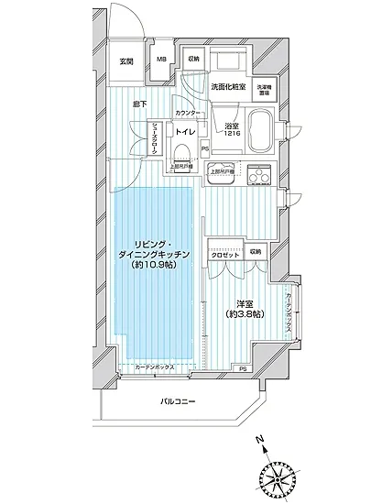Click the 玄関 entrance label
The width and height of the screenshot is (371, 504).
tap(126, 61)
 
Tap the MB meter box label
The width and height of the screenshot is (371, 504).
tap(161, 60)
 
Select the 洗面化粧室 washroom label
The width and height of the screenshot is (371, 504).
tap(227, 87)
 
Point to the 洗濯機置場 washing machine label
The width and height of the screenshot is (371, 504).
tap(263, 89)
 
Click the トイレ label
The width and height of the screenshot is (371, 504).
tap(184, 132)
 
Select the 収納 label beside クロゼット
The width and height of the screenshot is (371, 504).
tap(254, 250)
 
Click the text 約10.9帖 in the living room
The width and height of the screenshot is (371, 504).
tap(154, 265)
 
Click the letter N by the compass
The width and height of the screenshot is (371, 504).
tap(262, 440)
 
